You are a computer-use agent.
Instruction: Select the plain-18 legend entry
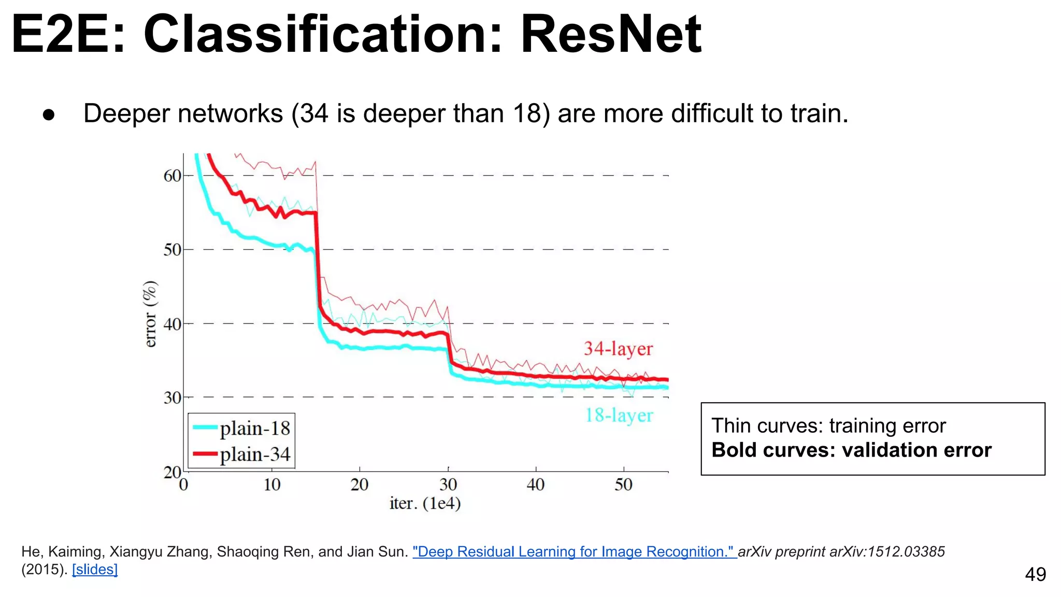tap(241, 428)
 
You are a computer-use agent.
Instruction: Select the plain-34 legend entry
tap(241, 454)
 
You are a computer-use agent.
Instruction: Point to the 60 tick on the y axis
tap(173, 176)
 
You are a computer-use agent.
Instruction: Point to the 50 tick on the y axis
tap(173, 250)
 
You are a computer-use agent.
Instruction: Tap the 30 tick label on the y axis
tap(173, 398)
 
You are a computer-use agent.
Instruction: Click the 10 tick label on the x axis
tap(272, 485)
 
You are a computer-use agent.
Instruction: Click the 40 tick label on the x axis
tap(536, 485)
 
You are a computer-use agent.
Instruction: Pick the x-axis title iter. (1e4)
tap(425, 503)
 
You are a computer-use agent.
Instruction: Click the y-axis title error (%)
tap(150, 314)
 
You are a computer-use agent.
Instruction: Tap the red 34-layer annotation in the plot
tap(618, 349)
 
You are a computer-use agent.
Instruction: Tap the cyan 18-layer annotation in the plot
tap(619, 415)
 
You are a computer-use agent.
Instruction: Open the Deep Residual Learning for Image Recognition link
tap(574, 551)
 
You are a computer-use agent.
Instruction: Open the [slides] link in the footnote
tap(95, 569)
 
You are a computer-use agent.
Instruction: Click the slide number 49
tap(1035, 574)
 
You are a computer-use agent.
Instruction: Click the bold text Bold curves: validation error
tap(851, 450)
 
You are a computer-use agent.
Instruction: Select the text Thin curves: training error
tap(828, 425)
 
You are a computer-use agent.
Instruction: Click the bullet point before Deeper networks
tap(49, 115)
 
